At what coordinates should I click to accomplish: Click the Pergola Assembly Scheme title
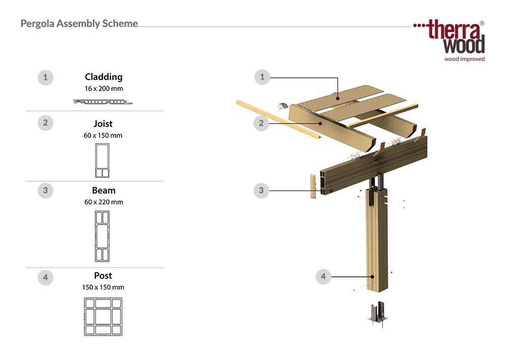click(x=79, y=24)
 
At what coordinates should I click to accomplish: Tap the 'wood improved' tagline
click(x=465, y=59)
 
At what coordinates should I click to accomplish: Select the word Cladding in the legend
click(x=103, y=77)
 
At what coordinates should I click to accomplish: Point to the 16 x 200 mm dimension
click(x=104, y=88)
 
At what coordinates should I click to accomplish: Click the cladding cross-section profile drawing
click(x=103, y=102)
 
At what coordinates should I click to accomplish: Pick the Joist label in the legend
click(x=103, y=124)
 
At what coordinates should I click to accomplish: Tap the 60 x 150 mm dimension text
click(x=103, y=135)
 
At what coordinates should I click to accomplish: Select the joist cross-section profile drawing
click(x=102, y=160)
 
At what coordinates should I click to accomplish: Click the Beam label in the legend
click(x=103, y=190)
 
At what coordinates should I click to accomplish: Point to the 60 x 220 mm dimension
click(x=103, y=202)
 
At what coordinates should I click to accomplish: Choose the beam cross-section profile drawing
click(x=102, y=236)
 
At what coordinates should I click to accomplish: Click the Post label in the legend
click(x=103, y=275)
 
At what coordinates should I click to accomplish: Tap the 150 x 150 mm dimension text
click(x=103, y=287)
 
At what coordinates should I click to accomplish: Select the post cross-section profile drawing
click(x=103, y=317)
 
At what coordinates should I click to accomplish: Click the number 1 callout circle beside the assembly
click(x=262, y=77)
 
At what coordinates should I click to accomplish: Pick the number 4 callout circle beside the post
click(x=323, y=276)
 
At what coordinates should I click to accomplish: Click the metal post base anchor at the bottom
click(x=378, y=314)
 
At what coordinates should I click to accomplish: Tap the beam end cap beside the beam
click(x=313, y=186)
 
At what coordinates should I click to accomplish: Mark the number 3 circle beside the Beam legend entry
click(x=45, y=190)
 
